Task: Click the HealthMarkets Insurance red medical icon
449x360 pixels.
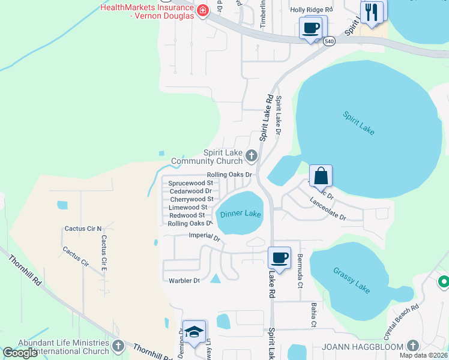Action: [x=202, y=10]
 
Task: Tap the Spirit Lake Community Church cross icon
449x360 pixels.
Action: [x=252, y=157]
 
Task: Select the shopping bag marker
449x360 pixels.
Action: [x=321, y=176]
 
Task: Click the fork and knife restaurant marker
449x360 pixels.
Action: [x=372, y=12]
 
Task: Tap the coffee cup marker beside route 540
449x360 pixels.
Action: [x=311, y=28]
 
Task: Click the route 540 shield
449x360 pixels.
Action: [x=328, y=41]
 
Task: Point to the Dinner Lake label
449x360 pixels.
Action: [x=241, y=214]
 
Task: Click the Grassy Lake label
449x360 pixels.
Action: [x=352, y=280]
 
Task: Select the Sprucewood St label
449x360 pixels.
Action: [x=190, y=182]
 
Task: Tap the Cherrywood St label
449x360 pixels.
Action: [x=191, y=199]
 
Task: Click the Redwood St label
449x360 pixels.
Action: [x=187, y=215]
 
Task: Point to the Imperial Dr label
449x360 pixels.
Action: [x=205, y=236]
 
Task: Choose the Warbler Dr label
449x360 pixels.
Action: [x=184, y=280]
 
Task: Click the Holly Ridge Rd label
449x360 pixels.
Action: [x=311, y=10]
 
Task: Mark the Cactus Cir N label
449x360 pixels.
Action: [x=83, y=229]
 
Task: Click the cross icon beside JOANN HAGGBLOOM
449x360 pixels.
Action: [x=412, y=346]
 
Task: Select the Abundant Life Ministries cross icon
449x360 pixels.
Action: [x=118, y=346]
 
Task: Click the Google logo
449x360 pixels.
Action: [x=20, y=353]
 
